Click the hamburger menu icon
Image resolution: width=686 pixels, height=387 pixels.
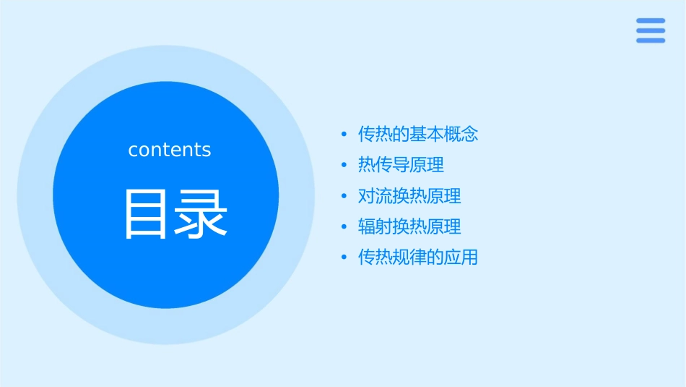click(650, 30)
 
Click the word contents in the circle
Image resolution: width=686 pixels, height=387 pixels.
click(170, 150)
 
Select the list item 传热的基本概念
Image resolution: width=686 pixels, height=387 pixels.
click(418, 134)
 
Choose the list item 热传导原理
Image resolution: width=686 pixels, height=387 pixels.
click(401, 165)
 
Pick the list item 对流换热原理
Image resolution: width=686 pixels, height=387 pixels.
click(409, 196)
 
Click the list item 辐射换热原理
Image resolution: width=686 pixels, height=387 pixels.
click(409, 226)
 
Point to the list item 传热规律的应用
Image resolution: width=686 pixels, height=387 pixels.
click(418, 258)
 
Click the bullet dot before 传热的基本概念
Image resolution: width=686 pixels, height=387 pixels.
click(344, 135)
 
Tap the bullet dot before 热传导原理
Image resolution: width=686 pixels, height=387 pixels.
click(344, 166)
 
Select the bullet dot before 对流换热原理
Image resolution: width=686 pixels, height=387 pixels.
click(344, 197)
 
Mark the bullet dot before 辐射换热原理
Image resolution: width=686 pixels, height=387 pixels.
click(344, 227)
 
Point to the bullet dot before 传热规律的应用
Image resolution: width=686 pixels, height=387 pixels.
click(344, 258)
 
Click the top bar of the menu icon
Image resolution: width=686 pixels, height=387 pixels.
click(650, 21)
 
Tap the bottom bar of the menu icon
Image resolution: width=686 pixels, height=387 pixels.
click(650, 41)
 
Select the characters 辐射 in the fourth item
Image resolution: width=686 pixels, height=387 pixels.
click(375, 226)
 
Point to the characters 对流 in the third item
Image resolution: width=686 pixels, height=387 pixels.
click(375, 196)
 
